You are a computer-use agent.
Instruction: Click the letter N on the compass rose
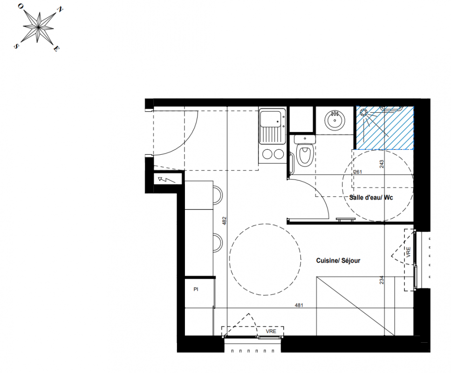coord(60,10)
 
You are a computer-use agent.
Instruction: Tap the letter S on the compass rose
coord(16,46)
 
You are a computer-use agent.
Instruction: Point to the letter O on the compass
coord(20,6)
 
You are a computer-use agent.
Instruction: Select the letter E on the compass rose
coord(56,48)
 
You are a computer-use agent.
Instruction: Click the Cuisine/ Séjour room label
coord(338,261)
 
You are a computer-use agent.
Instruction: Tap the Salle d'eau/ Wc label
coord(371,197)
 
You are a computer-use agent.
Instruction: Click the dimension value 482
coord(225,221)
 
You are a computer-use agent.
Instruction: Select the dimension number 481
coord(299,305)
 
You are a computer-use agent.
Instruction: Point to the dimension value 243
coord(382,164)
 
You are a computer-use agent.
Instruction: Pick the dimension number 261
coord(358,172)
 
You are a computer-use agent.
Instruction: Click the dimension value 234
coord(382,280)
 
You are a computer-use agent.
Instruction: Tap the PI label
coord(196,289)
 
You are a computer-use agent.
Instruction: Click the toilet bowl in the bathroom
coord(305,154)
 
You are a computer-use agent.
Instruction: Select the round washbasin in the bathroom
coord(335,120)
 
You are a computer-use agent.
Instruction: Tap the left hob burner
coord(267,154)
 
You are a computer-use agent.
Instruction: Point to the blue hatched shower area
coord(385,128)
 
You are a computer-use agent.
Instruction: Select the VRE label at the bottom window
coord(271,331)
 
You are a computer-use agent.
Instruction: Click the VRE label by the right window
coord(408,252)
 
